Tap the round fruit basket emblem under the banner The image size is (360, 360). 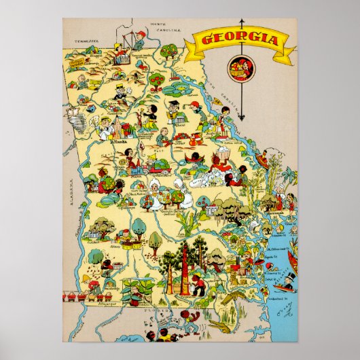[x=239, y=69]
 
